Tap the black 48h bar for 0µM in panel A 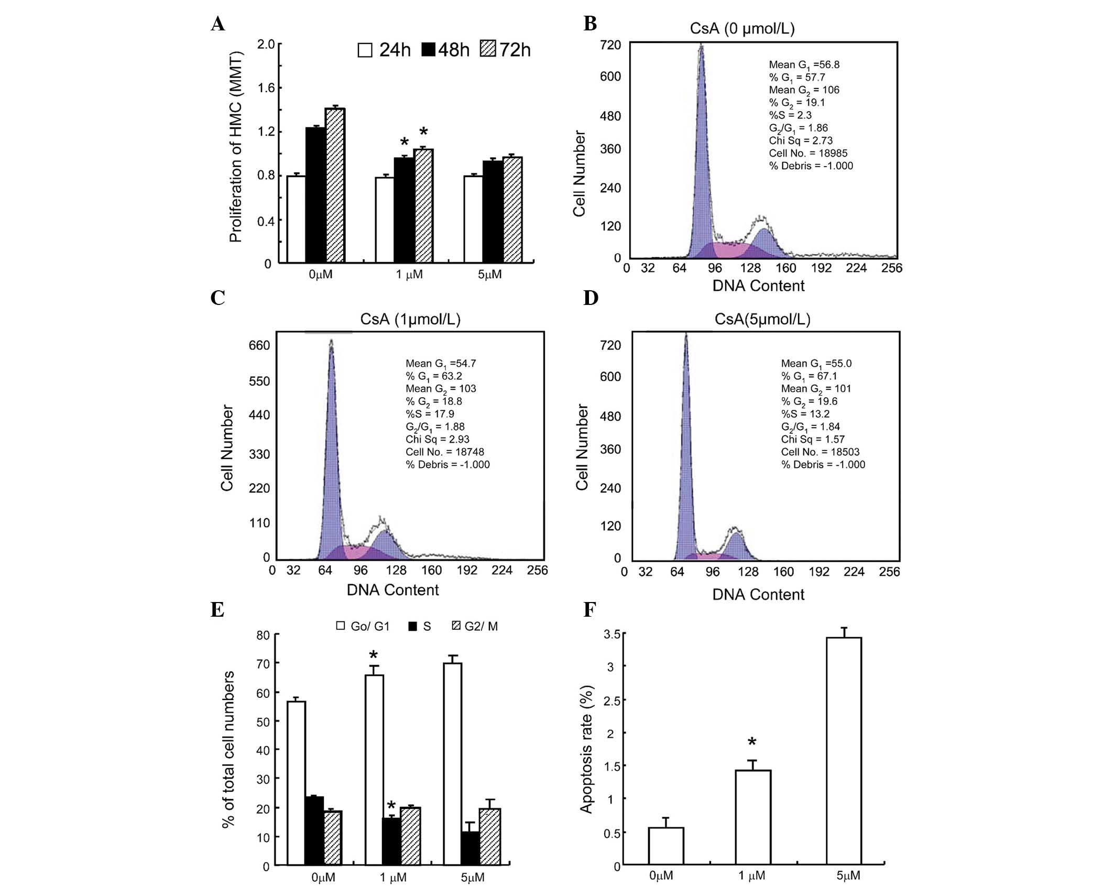tap(315, 194)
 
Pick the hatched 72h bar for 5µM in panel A tap(512, 210)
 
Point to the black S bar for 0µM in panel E tap(314, 830)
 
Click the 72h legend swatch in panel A tap(488, 50)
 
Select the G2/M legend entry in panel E tap(475, 626)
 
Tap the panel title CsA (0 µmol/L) tap(742, 29)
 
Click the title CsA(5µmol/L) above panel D tap(762, 319)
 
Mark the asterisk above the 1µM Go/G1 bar tap(374, 655)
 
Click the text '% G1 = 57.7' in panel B tap(796, 78)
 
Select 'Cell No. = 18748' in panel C tap(444, 452)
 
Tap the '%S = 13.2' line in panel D tap(805, 414)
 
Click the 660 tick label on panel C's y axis tap(259, 345)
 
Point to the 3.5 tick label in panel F tap(612, 634)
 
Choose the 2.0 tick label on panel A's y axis tap(266, 44)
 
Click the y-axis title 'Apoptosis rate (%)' tap(586, 749)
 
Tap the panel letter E tap(217, 610)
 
